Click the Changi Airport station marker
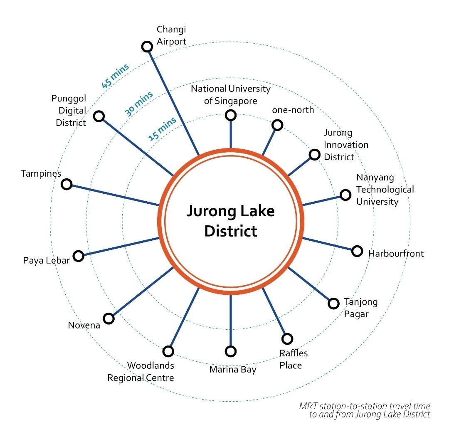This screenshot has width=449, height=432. pos(147,46)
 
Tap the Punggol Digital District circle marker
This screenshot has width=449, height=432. pos(99,116)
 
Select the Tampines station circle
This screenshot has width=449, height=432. pos(66,184)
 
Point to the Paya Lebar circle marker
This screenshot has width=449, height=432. pos(78,256)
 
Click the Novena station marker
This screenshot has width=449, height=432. pos(109,318)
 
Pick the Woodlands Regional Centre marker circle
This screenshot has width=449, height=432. pos(168,351)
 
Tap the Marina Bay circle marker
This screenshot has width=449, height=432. pos(230,351)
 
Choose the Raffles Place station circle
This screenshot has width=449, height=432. pos(287,339)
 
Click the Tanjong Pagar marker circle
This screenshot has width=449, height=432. pos(333,304)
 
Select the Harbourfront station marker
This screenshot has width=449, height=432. pos(357,251)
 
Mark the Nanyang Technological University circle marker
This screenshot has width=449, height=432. pos(345,195)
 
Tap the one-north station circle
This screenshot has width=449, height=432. pos(277,125)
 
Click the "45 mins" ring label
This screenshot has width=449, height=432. pos(115,76)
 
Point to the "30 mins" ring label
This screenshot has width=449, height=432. pos(139,103)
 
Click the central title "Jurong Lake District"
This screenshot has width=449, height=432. pos(230,220)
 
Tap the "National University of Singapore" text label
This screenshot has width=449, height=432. pos(231,94)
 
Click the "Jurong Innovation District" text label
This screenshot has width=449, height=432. pos(346,145)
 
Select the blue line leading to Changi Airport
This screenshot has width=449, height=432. pos(173,100)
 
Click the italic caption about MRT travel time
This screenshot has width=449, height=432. pos(365,410)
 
